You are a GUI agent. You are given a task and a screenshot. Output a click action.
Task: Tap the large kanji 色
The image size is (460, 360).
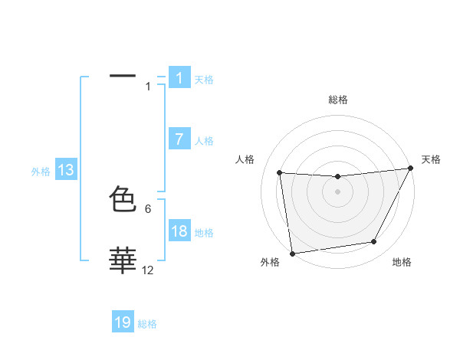tap(123, 200)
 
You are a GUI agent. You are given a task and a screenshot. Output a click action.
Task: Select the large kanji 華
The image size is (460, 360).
tap(123, 261)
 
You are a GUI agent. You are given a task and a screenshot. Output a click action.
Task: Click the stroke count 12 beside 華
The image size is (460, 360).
tap(147, 270)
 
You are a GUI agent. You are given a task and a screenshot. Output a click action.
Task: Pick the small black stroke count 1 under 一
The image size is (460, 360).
tap(148, 87)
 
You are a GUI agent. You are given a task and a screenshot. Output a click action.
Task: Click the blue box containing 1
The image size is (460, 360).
tap(179, 78)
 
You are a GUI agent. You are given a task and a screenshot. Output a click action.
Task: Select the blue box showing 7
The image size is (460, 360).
tap(179, 139)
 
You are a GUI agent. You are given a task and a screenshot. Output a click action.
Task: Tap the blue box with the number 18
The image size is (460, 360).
tap(179, 231)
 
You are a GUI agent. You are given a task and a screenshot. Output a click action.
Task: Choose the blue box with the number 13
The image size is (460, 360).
tap(66, 171)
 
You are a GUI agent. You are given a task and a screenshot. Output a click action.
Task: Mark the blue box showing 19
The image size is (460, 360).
tap(123, 322)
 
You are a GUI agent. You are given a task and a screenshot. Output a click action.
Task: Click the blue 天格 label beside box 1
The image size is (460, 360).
tap(204, 80)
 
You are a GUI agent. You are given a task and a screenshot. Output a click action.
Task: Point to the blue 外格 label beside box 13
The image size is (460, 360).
tap(41, 172)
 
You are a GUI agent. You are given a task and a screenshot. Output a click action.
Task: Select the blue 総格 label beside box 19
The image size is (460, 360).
tap(147, 324)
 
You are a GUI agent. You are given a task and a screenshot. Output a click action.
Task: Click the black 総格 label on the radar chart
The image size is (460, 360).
tap(338, 100)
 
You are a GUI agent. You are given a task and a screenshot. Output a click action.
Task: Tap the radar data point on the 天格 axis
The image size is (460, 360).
tap(410, 169)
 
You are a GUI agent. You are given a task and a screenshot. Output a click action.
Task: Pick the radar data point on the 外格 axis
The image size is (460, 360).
tap(292, 254)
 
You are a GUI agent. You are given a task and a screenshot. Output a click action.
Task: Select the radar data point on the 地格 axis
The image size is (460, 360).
tap(374, 242)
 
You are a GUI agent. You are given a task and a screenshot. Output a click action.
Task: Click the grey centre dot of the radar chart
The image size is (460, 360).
tap(337, 191)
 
